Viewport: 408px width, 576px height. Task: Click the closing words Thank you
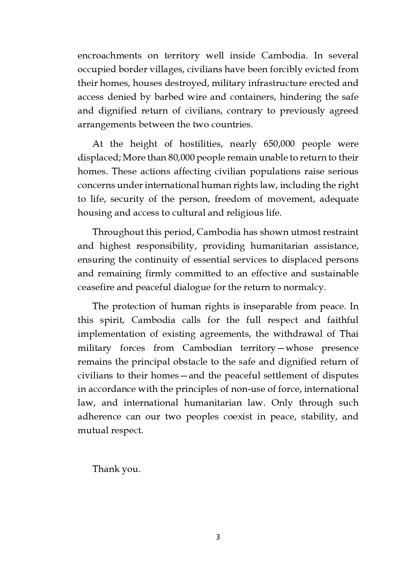(x=116, y=469)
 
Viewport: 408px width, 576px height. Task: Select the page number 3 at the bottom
(x=218, y=537)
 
